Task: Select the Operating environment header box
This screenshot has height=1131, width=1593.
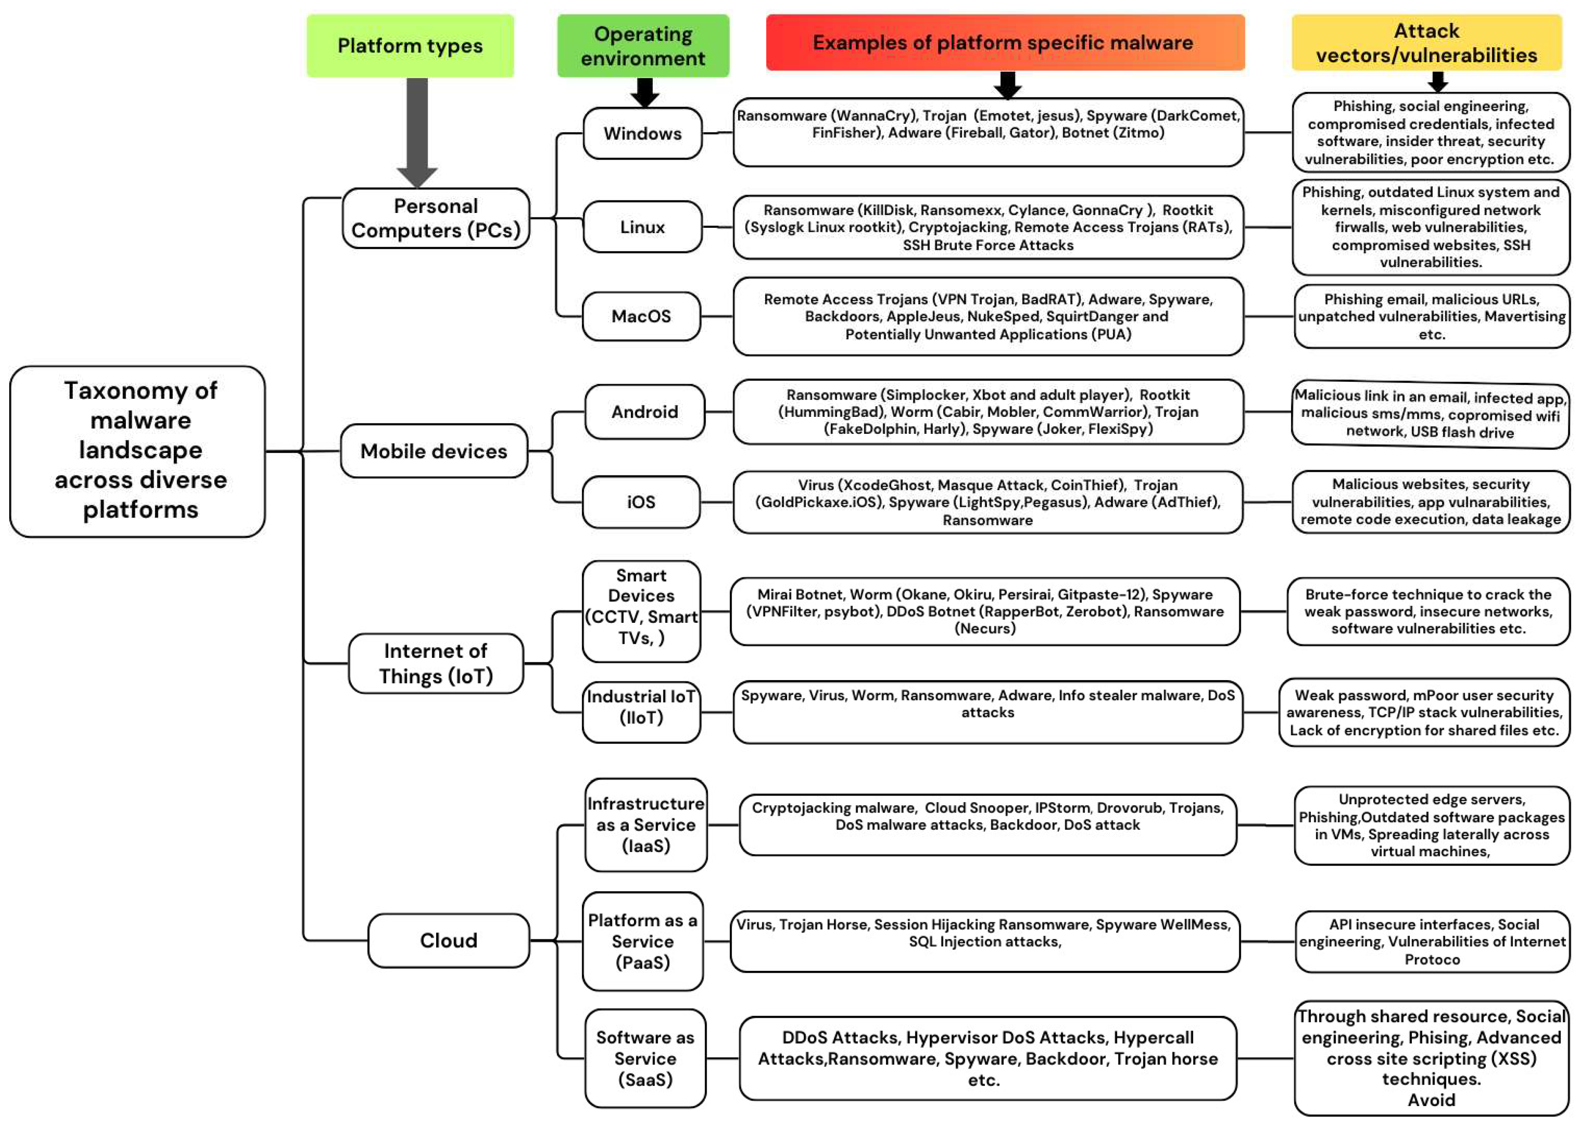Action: [x=642, y=46]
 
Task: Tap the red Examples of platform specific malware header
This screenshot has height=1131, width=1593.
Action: [x=1005, y=42]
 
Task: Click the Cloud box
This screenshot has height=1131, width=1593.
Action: [x=448, y=940]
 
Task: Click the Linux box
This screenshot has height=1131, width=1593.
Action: [x=642, y=227]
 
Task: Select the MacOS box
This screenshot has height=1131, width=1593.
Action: [x=641, y=316]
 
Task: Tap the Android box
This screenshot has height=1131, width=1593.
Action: [x=644, y=412]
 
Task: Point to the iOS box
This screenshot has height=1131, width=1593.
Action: [x=641, y=502]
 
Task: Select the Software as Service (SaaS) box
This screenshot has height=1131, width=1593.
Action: [x=645, y=1058]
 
